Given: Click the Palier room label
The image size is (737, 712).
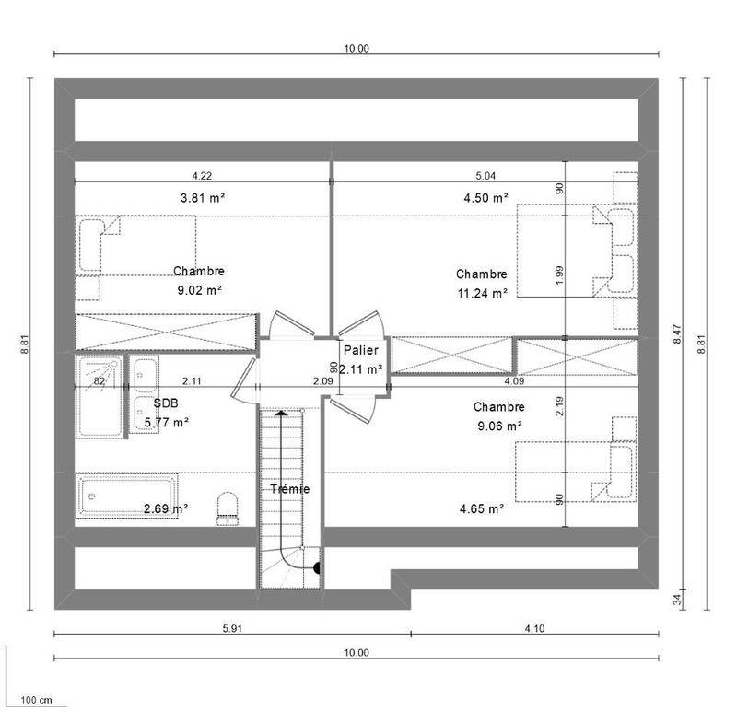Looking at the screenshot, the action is [360, 350].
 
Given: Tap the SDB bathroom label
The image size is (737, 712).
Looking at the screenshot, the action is [166, 403].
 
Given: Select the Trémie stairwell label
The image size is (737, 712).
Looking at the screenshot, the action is [290, 489].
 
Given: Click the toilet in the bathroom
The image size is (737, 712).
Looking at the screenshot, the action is [228, 508].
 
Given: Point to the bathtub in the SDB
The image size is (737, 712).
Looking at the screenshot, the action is [126, 496].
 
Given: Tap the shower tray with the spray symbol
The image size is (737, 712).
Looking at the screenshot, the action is [99, 396].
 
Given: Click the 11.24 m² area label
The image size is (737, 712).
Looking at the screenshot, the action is [483, 293].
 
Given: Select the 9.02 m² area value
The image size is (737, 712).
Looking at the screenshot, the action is [200, 290].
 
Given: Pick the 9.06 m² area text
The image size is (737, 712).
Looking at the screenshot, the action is [500, 426].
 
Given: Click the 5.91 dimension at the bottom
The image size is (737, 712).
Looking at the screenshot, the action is [232, 628].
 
